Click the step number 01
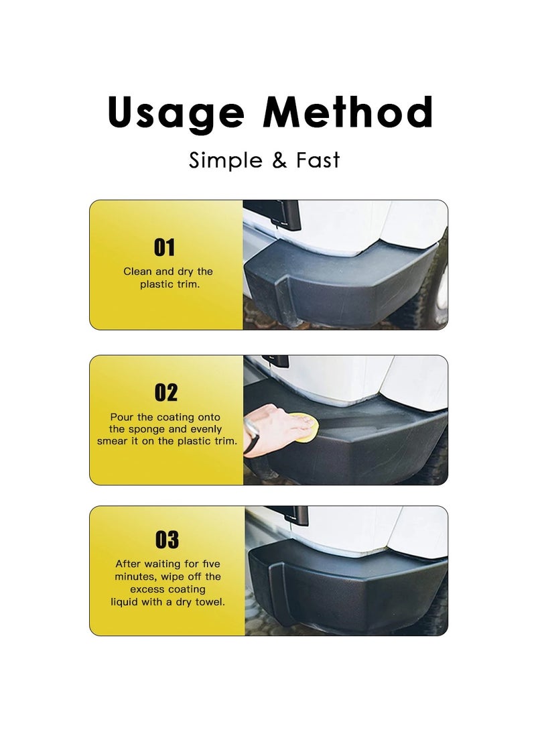tap(165, 247)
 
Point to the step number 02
tap(165, 392)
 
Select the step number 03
tap(167, 540)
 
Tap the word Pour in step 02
tap(122, 417)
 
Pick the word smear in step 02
tap(112, 441)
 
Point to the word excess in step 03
tap(147, 589)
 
